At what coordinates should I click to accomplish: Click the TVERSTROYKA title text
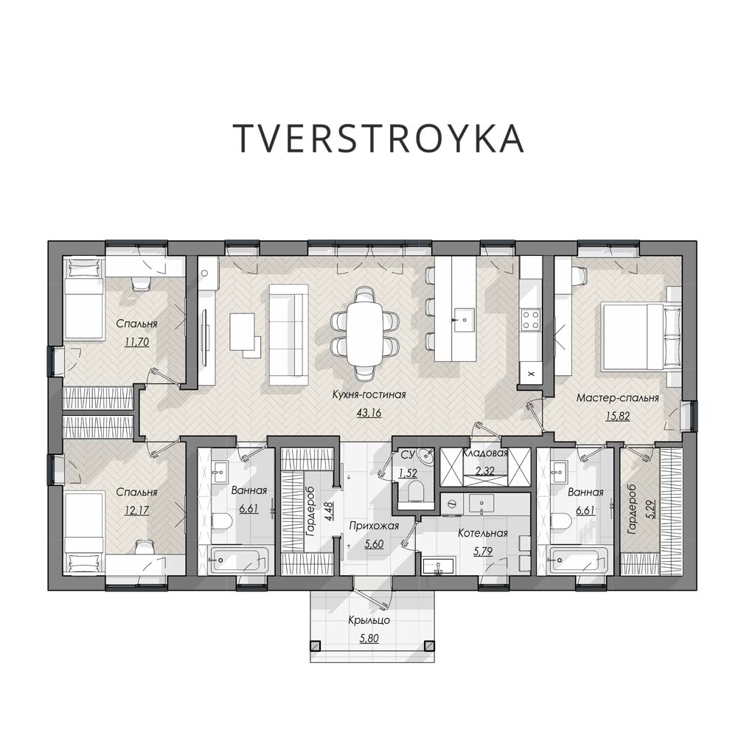point(378,138)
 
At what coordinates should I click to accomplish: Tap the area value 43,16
point(369,413)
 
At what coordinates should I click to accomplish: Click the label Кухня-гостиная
point(369,395)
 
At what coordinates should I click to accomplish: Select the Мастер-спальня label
point(618,398)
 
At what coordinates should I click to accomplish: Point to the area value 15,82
point(618,417)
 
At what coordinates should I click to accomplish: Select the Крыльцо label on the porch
point(369,620)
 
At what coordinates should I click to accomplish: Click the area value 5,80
point(369,639)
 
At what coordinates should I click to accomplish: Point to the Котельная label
point(483,534)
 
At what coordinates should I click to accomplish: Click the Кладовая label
point(485,453)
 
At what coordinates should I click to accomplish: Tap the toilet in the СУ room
point(414,492)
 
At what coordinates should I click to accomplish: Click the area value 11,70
point(136,342)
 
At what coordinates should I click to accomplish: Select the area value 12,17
point(136,510)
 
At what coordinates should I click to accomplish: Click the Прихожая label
point(374,526)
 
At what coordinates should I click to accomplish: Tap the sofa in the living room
point(288,335)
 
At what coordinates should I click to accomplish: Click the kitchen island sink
point(465,319)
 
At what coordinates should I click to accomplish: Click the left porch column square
point(315,646)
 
